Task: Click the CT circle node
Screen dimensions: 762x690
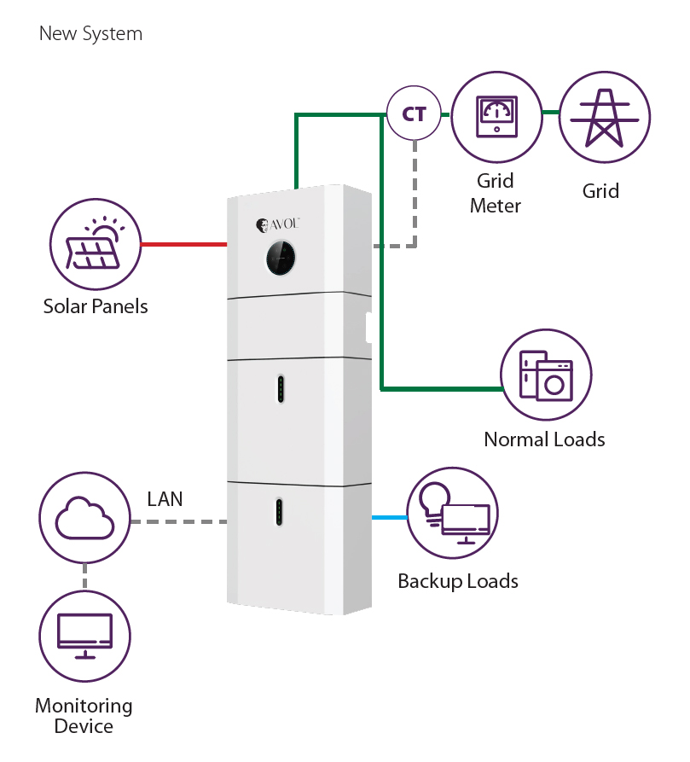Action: tap(414, 113)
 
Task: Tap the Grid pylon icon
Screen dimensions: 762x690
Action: tap(604, 118)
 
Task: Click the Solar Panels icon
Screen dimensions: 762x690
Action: tap(95, 244)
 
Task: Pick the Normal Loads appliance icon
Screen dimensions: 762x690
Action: tap(546, 375)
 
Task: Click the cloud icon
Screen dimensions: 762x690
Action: tap(84, 520)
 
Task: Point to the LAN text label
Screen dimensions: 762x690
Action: tap(165, 499)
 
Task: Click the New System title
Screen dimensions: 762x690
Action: tap(90, 34)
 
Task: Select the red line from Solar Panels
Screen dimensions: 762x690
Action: tap(183, 245)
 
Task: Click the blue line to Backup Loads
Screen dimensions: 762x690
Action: tap(389, 517)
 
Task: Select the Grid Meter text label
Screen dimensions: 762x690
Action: tap(496, 194)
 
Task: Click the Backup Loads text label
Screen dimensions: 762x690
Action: tap(458, 582)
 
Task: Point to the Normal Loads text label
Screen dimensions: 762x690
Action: tap(544, 439)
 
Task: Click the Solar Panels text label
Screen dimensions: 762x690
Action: tap(96, 306)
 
